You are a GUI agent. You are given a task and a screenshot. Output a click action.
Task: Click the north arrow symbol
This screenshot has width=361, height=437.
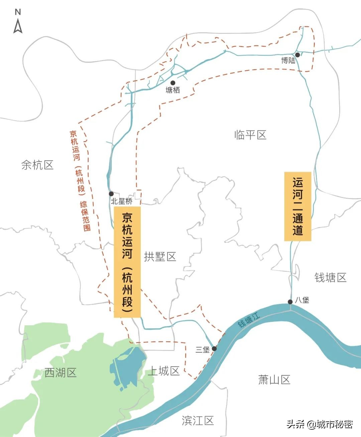[x=18, y=22]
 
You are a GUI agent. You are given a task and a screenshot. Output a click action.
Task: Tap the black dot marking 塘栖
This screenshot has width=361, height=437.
[x=173, y=83]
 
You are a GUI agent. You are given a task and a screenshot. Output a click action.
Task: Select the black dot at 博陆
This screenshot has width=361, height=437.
[x=297, y=55]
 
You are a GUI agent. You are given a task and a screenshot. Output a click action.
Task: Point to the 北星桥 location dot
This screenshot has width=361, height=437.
[x=111, y=194]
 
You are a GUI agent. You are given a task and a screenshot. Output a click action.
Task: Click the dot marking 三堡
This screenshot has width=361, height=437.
[x=214, y=349]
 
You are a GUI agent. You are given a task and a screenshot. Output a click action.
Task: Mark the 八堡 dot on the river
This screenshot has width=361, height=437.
[x=290, y=302]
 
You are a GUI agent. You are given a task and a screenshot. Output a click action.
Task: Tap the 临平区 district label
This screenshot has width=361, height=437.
[x=250, y=135]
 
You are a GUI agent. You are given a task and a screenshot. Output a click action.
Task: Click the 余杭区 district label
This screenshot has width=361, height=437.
[x=37, y=165]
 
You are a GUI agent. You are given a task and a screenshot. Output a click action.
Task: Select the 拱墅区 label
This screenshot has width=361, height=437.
[x=160, y=257]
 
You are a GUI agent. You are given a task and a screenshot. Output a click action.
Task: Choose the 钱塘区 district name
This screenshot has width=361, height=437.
[x=330, y=278]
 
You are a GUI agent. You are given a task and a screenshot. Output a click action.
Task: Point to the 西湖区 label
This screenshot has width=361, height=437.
[x=61, y=373]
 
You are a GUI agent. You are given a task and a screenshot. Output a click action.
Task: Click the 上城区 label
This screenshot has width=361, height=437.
[x=164, y=371]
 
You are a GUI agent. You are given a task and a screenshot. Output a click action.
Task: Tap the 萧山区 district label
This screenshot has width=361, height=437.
[x=274, y=380]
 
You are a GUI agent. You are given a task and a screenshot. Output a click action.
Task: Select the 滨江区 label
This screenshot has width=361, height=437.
[x=198, y=421]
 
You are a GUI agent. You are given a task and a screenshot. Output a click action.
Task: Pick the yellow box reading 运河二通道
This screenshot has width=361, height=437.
[x=297, y=206]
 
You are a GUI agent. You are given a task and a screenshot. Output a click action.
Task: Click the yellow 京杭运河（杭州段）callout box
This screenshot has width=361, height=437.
[x=127, y=262]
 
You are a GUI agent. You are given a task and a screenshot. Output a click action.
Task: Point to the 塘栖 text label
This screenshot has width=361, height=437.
[x=173, y=90]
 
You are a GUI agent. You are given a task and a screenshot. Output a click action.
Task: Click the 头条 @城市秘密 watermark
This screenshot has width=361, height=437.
[x=320, y=424]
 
